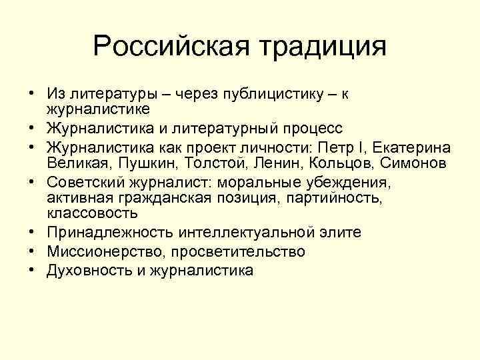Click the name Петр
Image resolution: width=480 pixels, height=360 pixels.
[x=339, y=147]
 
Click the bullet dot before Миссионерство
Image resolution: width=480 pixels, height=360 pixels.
[x=31, y=251]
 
